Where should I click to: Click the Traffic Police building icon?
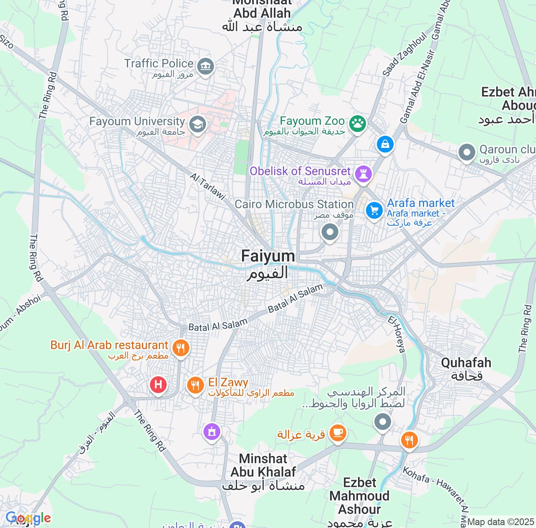205,66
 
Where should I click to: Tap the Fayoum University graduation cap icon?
197,124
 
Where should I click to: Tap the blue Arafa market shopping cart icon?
374,210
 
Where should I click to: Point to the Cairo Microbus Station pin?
330,232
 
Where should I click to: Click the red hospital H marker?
158,384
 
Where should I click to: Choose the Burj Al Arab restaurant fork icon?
180,348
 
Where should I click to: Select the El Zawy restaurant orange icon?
195,384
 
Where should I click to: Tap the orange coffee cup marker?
338,432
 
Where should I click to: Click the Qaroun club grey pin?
466,152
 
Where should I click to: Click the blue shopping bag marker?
385,145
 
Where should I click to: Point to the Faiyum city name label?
268,264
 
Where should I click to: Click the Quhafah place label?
466,368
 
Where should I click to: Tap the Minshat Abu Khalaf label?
263,471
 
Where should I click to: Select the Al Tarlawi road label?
208,186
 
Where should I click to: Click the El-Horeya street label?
397,334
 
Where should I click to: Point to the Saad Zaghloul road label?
405,55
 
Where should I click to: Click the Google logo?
28,518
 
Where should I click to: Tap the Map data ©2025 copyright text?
501,522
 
